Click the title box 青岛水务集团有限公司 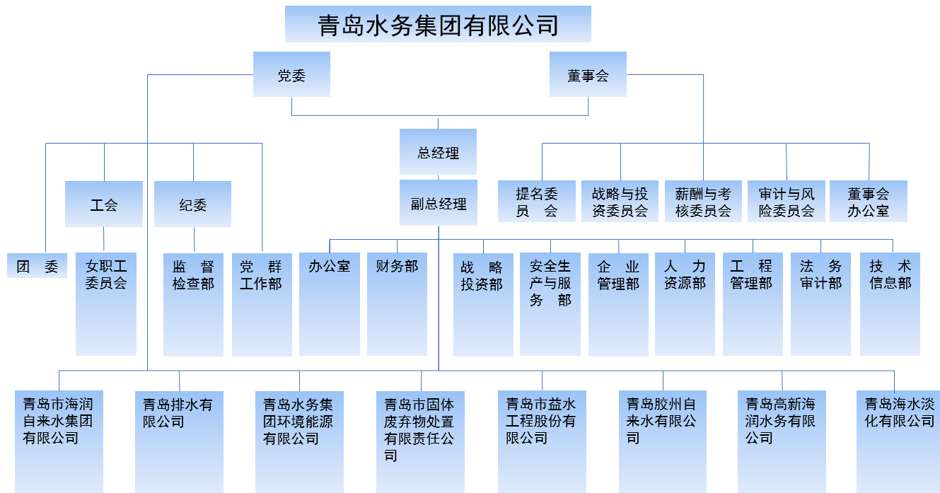(x=438, y=25)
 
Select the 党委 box (x=291, y=74)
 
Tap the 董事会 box (x=588, y=74)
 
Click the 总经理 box (x=438, y=151)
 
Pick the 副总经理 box (x=438, y=203)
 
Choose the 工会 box (x=104, y=204)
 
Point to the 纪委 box (x=192, y=204)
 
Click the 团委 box (x=37, y=266)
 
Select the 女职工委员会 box (x=106, y=304)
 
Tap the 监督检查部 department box (x=193, y=304)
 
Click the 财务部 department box (x=397, y=304)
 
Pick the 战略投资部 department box (x=483, y=304)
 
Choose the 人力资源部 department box (x=685, y=304)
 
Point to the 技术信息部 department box (x=890, y=304)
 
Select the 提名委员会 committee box (x=537, y=202)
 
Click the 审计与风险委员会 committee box (x=786, y=202)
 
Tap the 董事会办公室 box (x=868, y=202)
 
